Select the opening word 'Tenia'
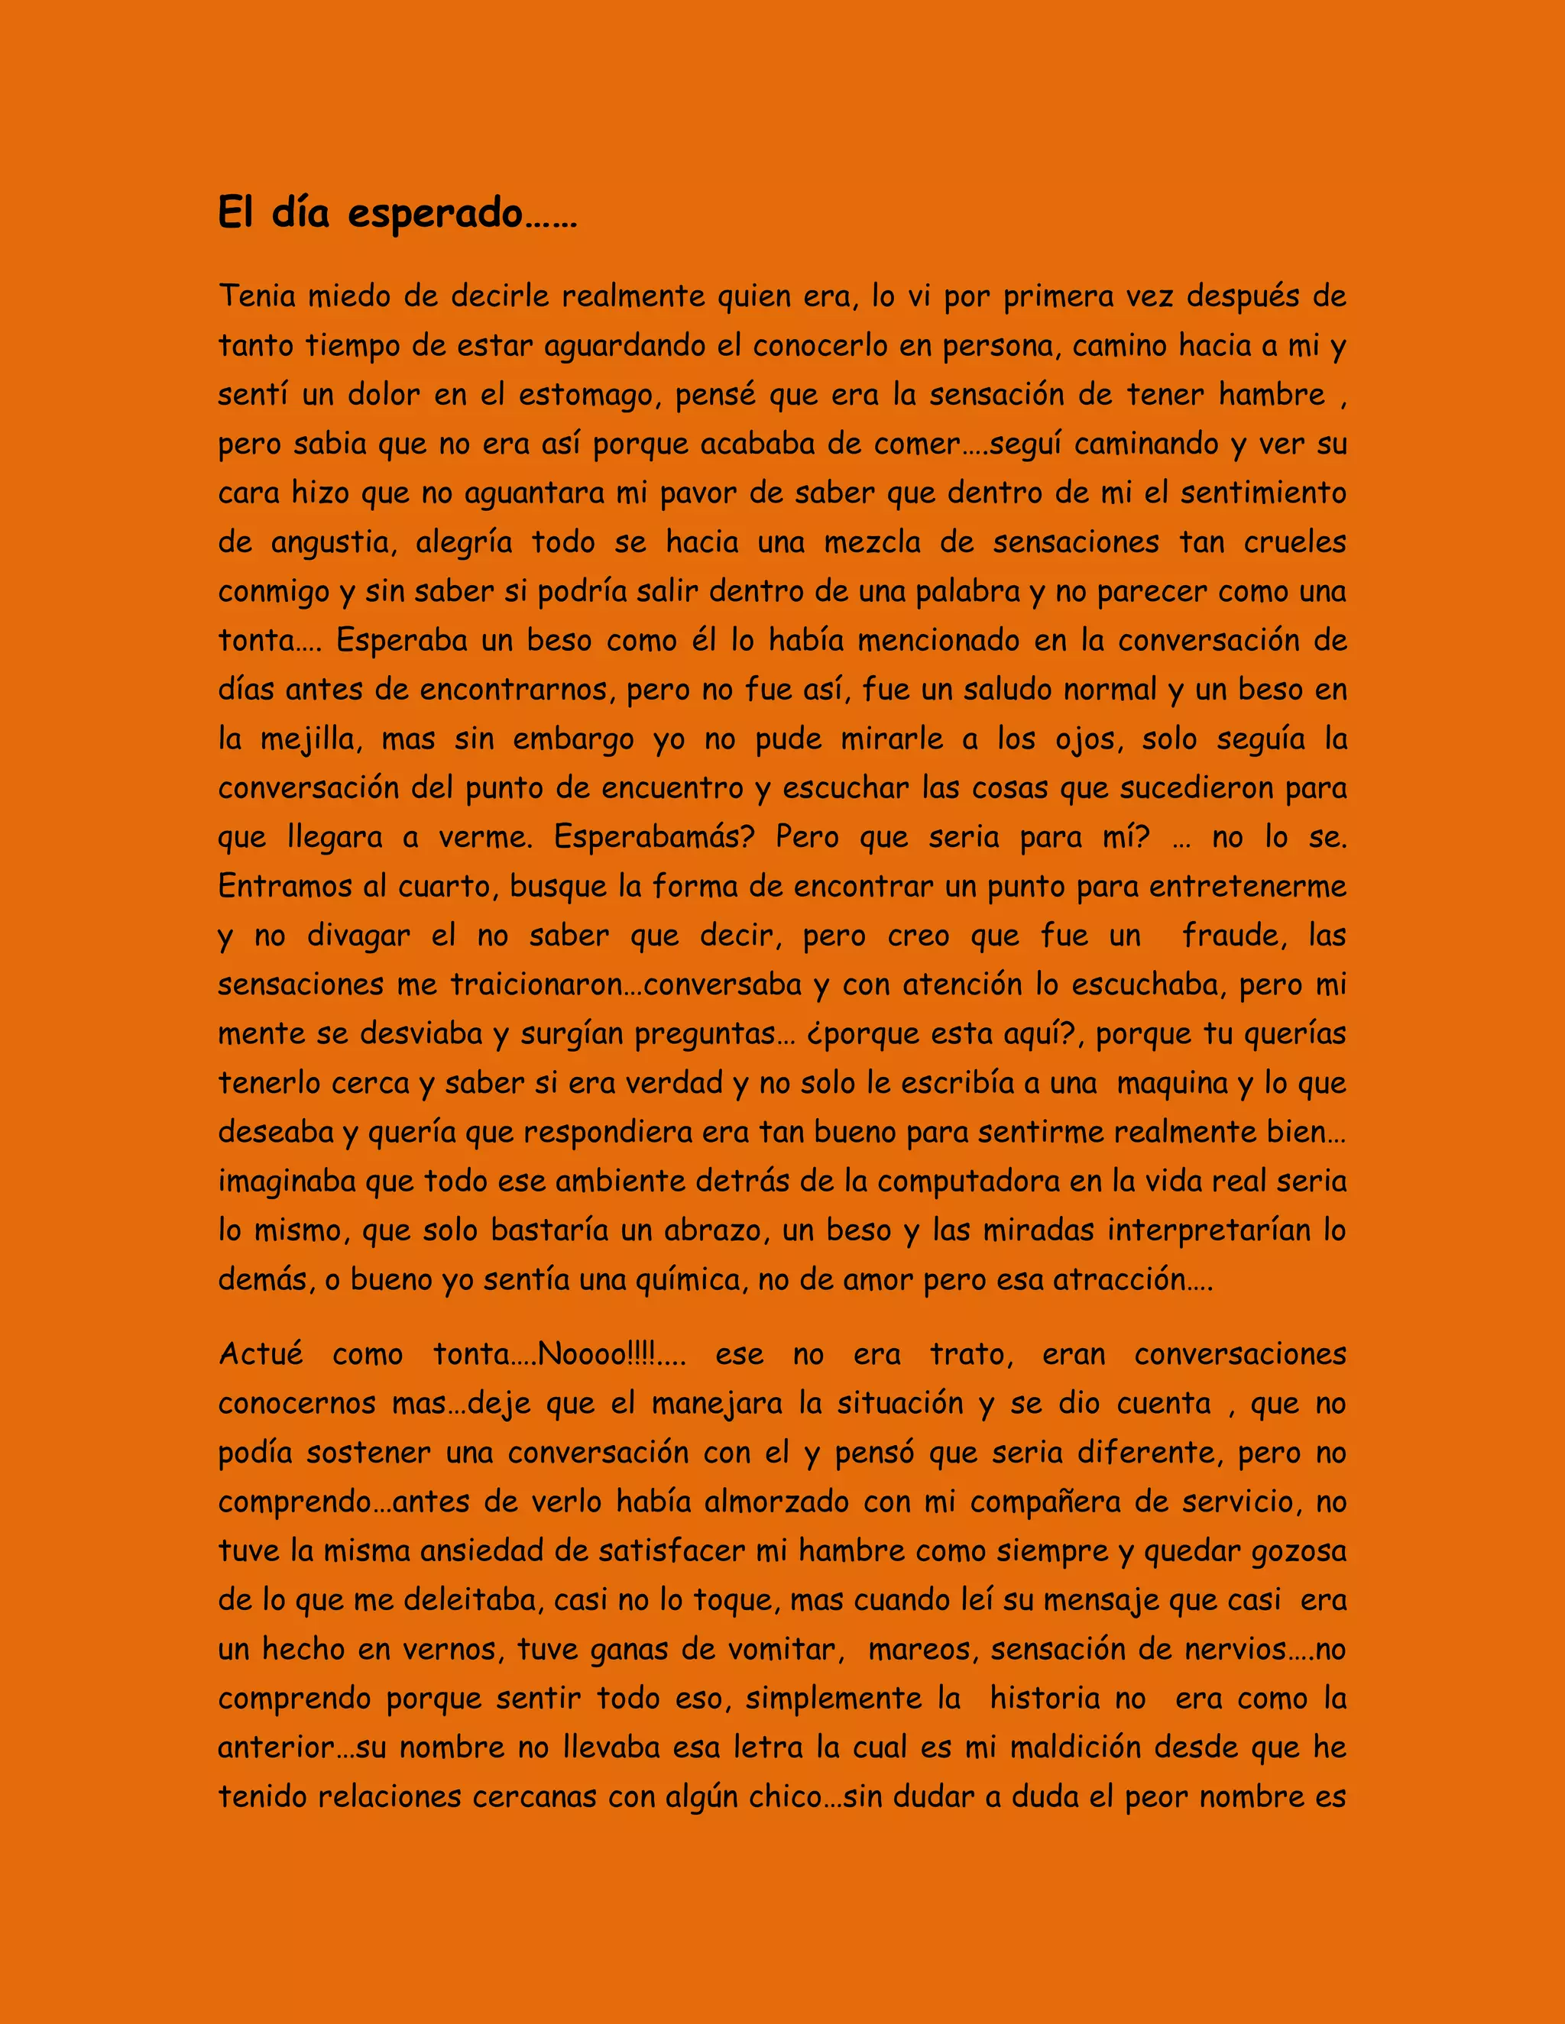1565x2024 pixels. point(257,296)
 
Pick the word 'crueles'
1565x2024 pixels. point(1294,542)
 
